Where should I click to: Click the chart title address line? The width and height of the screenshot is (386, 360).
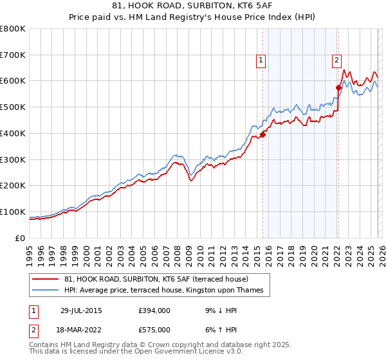point(193,6)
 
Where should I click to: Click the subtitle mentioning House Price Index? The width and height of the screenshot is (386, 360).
point(193,17)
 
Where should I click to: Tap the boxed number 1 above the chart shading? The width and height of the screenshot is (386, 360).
point(261,61)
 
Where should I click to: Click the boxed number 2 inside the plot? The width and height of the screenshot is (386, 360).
point(336,61)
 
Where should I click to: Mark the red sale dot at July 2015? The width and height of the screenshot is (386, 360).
point(262,134)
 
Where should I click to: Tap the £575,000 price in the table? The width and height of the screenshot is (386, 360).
point(154,329)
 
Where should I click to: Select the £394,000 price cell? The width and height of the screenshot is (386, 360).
point(154,310)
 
